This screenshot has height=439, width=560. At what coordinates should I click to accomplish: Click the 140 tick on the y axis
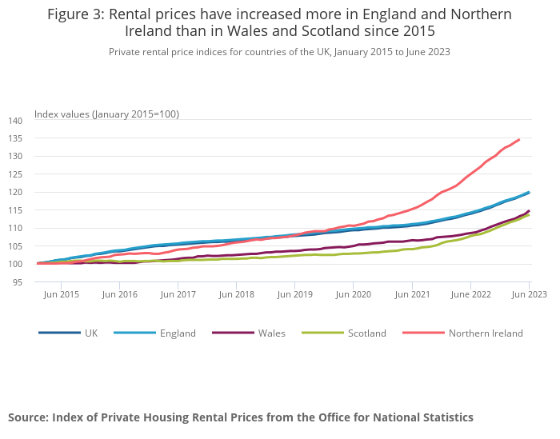click(x=16, y=120)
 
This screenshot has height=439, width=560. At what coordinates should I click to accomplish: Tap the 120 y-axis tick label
click(x=16, y=192)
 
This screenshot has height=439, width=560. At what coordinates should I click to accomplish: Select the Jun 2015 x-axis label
click(x=61, y=294)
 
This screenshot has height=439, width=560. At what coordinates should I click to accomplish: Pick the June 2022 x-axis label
click(x=469, y=294)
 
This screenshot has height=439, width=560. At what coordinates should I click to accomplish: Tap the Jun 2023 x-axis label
click(x=529, y=294)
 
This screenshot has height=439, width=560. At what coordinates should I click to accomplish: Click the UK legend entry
click(x=91, y=333)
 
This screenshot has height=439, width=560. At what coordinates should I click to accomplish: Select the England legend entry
click(x=177, y=333)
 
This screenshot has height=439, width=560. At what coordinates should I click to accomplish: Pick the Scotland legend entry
click(x=367, y=333)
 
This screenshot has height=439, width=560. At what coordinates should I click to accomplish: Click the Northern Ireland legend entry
click(x=486, y=333)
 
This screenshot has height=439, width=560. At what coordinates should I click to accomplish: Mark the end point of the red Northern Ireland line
click(x=519, y=140)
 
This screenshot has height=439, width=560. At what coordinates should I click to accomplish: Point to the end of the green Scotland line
click(x=529, y=214)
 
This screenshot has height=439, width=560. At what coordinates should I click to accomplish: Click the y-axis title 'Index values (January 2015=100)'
click(x=106, y=114)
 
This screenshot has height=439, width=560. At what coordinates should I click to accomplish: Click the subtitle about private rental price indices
click(x=279, y=51)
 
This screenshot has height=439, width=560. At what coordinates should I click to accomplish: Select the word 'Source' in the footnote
click(x=30, y=417)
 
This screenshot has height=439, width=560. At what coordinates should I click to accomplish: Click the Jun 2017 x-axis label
click(x=178, y=294)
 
